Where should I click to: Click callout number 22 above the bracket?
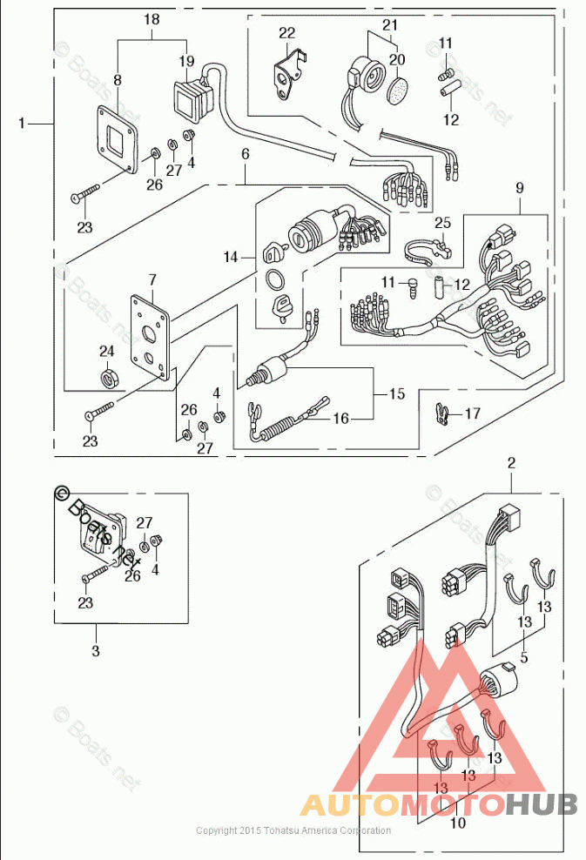[x=287, y=33]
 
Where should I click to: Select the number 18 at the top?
[x=152, y=19]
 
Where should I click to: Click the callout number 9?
[x=520, y=187]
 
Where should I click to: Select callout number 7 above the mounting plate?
[x=152, y=279]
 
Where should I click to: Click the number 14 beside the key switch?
[x=231, y=258]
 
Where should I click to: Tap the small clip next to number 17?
[x=443, y=413]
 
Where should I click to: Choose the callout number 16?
[x=340, y=419]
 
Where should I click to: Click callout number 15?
[x=396, y=394]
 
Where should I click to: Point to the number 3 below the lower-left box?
[x=96, y=650]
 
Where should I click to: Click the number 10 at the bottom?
[x=458, y=822]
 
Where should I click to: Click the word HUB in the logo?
[x=541, y=804]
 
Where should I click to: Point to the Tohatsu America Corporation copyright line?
[x=293, y=830]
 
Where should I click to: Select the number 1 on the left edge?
[x=22, y=124]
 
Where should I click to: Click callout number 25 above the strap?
[x=442, y=224]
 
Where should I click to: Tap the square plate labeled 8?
[x=117, y=139]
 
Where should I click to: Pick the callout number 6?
[x=246, y=154]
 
